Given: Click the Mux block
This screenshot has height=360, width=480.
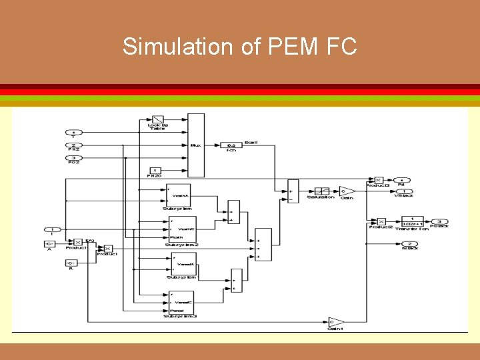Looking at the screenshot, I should click(195, 145).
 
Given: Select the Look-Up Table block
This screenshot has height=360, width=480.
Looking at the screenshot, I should click(157, 120).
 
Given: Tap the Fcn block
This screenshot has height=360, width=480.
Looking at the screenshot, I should click(231, 145).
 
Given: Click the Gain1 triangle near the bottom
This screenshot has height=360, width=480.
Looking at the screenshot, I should click(335, 322).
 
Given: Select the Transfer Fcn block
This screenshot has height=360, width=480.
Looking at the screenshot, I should click(412, 221).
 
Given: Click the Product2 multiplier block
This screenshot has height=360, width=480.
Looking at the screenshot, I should click(381, 221).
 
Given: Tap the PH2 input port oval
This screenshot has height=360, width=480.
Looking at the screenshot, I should click(74, 145).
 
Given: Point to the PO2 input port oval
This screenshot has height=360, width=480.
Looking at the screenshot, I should click(74, 158).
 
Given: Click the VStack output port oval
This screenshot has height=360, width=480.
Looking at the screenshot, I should click(402, 191).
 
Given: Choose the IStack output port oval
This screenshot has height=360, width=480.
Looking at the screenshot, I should click(409, 243).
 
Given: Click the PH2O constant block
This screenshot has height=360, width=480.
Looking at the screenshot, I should click(155, 171).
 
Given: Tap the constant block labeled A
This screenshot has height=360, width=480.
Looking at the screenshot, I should click(50, 244).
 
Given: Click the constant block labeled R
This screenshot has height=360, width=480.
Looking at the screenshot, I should click(71, 263).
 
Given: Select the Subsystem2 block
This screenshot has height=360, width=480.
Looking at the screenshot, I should click(182, 229).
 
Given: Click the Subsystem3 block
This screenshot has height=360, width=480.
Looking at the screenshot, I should click(181, 302).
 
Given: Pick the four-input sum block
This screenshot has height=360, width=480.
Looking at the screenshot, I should click(263, 245).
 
